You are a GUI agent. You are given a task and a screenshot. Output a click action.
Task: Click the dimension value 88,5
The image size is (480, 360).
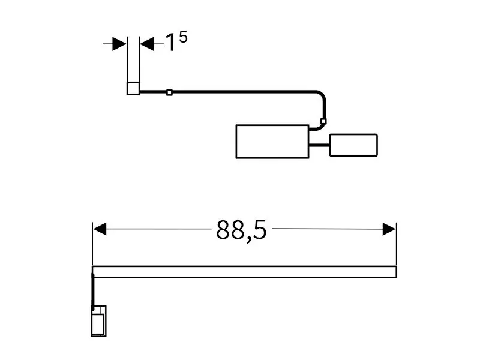(241, 230)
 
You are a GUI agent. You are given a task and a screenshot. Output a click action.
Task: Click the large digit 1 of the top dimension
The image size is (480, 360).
(170, 42)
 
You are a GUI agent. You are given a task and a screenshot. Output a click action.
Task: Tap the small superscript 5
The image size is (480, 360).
(183, 37)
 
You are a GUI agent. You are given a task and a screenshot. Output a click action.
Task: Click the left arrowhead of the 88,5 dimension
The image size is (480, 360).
(100, 229)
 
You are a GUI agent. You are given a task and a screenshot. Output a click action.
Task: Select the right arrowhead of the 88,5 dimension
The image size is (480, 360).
(389, 229)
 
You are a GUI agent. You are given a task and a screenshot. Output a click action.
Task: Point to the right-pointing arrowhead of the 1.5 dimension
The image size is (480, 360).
(119, 44)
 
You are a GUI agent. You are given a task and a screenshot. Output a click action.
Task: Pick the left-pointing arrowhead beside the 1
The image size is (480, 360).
(147, 44)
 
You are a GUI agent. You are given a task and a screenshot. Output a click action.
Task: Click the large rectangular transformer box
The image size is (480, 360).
(272, 142)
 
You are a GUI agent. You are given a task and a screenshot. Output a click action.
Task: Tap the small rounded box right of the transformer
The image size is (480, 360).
(353, 145)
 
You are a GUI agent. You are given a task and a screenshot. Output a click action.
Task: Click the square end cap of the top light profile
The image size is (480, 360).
(133, 88)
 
